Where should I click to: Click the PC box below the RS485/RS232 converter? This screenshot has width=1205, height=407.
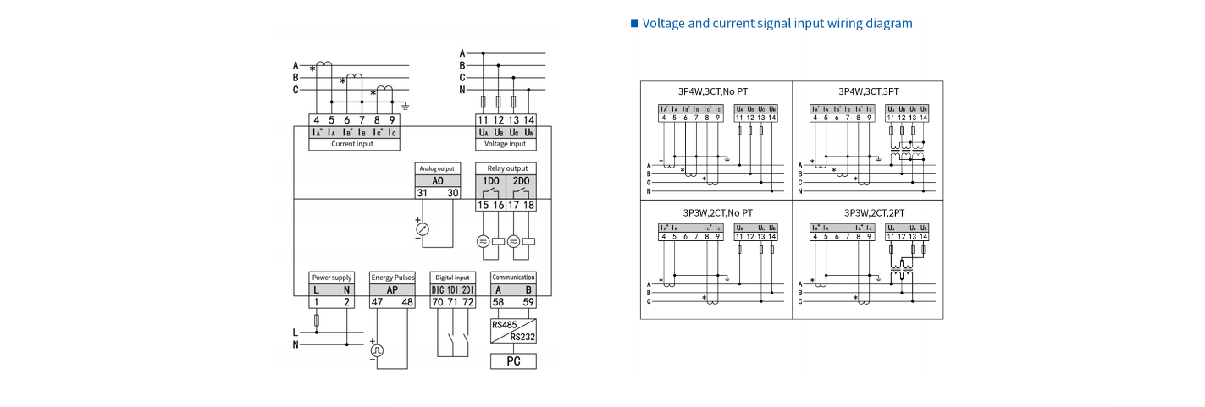tap(513, 361)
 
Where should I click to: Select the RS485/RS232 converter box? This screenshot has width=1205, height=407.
tap(513, 330)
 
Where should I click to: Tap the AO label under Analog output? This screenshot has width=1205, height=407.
tap(438, 181)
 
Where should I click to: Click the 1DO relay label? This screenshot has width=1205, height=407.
tap(491, 181)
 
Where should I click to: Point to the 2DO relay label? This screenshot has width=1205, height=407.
tap(520, 181)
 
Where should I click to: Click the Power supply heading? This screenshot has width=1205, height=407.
tap(331, 278)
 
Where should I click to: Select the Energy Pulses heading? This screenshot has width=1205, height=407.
tap(392, 278)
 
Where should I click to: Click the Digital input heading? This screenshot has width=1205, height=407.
tap(452, 278)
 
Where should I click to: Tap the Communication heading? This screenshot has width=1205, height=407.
tap(513, 277)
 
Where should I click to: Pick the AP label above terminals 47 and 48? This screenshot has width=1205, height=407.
tap(392, 289)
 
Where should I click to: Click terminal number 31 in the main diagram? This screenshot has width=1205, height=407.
tap(423, 193)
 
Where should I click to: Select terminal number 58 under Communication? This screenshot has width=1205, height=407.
tap(499, 301)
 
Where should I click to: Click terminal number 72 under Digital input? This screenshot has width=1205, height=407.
tap(467, 301)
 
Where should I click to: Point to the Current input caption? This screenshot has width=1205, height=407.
tap(353, 144)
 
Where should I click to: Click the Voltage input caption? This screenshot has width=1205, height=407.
tap(506, 144)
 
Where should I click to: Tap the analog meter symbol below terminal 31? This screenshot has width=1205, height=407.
tap(423, 229)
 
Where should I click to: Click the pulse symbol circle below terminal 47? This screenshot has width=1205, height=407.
tap(378, 349)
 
